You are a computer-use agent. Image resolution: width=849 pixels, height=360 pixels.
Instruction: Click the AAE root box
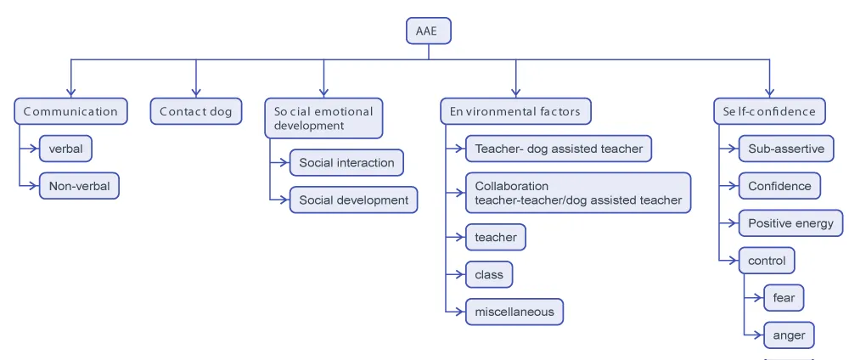(x=428, y=31)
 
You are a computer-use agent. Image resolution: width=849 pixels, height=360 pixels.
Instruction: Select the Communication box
(x=70, y=111)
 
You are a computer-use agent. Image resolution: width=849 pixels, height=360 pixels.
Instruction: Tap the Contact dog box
(x=195, y=111)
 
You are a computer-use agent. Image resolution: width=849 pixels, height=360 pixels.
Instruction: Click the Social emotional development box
(x=323, y=118)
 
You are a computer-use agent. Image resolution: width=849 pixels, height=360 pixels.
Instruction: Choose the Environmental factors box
(x=515, y=111)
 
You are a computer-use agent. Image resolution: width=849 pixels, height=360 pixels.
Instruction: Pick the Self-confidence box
(x=769, y=111)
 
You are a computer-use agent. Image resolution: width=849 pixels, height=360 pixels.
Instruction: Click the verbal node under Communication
(x=65, y=149)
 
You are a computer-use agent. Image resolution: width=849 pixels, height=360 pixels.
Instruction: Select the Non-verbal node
(x=79, y=185)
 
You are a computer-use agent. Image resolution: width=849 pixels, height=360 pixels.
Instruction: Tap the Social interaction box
(x=346, y=162)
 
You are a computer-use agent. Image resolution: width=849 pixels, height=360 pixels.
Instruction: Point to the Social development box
(x=353, y=200)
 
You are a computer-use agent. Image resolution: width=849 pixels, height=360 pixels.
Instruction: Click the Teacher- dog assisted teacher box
(x=559, y=149)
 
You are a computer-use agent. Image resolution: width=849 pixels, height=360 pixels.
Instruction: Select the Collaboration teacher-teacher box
(x=578, y=193)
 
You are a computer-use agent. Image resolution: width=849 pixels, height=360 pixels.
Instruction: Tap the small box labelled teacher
(x=496, y=238)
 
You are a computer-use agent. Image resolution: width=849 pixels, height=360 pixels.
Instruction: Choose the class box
(x=489, y=274)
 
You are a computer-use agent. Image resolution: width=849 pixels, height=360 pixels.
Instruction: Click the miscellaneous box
(x=514, y=312)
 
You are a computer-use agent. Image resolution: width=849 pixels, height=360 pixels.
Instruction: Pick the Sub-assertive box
(x=786, y=149)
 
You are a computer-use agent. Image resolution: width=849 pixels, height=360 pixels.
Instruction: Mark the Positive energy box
(x=790, y=223)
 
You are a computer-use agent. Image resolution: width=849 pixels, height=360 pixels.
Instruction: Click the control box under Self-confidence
(x=767, y=261)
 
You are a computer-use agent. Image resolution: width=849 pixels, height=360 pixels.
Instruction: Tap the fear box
(x=784, y=298)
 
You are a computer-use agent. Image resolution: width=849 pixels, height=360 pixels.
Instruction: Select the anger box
(x=789, y=335)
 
